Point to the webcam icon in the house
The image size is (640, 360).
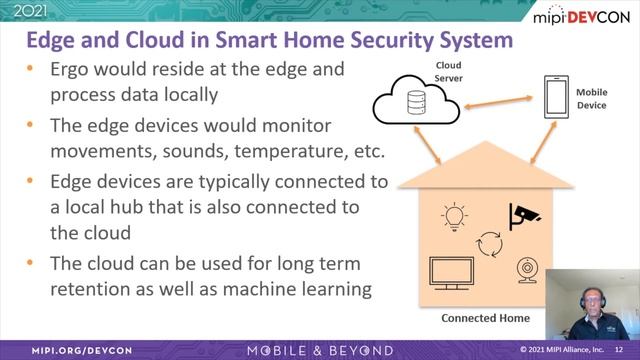point(526,270)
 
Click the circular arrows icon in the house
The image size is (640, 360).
point(490,244)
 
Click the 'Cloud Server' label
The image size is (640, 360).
point(446,71)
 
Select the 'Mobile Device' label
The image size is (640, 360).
point(591,97)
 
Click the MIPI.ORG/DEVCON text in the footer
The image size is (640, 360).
point(61,350)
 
